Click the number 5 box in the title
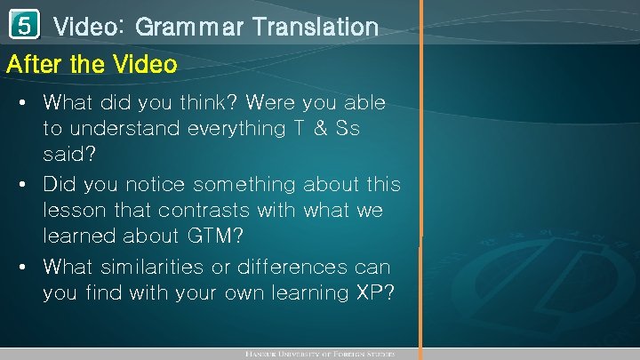pos(28,27)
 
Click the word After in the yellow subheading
pos(32,65)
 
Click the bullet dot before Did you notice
pos(22,186)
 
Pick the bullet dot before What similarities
pos(22,268)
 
